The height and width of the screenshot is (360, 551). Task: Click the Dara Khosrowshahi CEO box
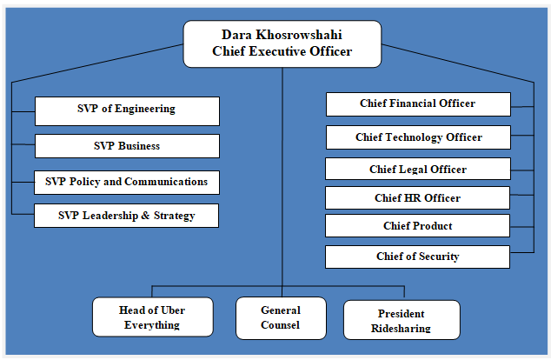click(282, 44)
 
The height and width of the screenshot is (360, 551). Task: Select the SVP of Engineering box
click(127, 111)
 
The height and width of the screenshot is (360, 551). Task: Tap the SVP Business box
click(127, 146)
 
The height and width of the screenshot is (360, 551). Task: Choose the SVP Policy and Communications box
click(127, 183)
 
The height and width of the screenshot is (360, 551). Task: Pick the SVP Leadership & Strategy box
click(127, 216)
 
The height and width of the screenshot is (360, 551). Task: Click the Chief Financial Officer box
click(418, 104)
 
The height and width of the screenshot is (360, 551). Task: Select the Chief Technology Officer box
click(418, 137)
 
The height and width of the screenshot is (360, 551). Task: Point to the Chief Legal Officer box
click(418, 169)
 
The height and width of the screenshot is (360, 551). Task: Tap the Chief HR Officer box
click(417, 198)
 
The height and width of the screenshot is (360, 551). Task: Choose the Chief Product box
click(417, 226)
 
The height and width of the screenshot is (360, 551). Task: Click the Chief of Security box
click(417, 257)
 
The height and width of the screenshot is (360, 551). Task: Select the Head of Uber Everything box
click(152, 317)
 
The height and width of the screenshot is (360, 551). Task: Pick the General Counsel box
click(281, 318)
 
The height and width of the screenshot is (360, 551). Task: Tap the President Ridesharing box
click(402, 320)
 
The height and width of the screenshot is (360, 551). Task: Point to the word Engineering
click(145, 109)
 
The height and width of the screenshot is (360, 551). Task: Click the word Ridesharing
click(401, 329)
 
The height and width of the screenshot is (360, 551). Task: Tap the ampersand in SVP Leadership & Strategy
click(145, 215)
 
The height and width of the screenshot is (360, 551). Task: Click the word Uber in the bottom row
click(173, 310)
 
